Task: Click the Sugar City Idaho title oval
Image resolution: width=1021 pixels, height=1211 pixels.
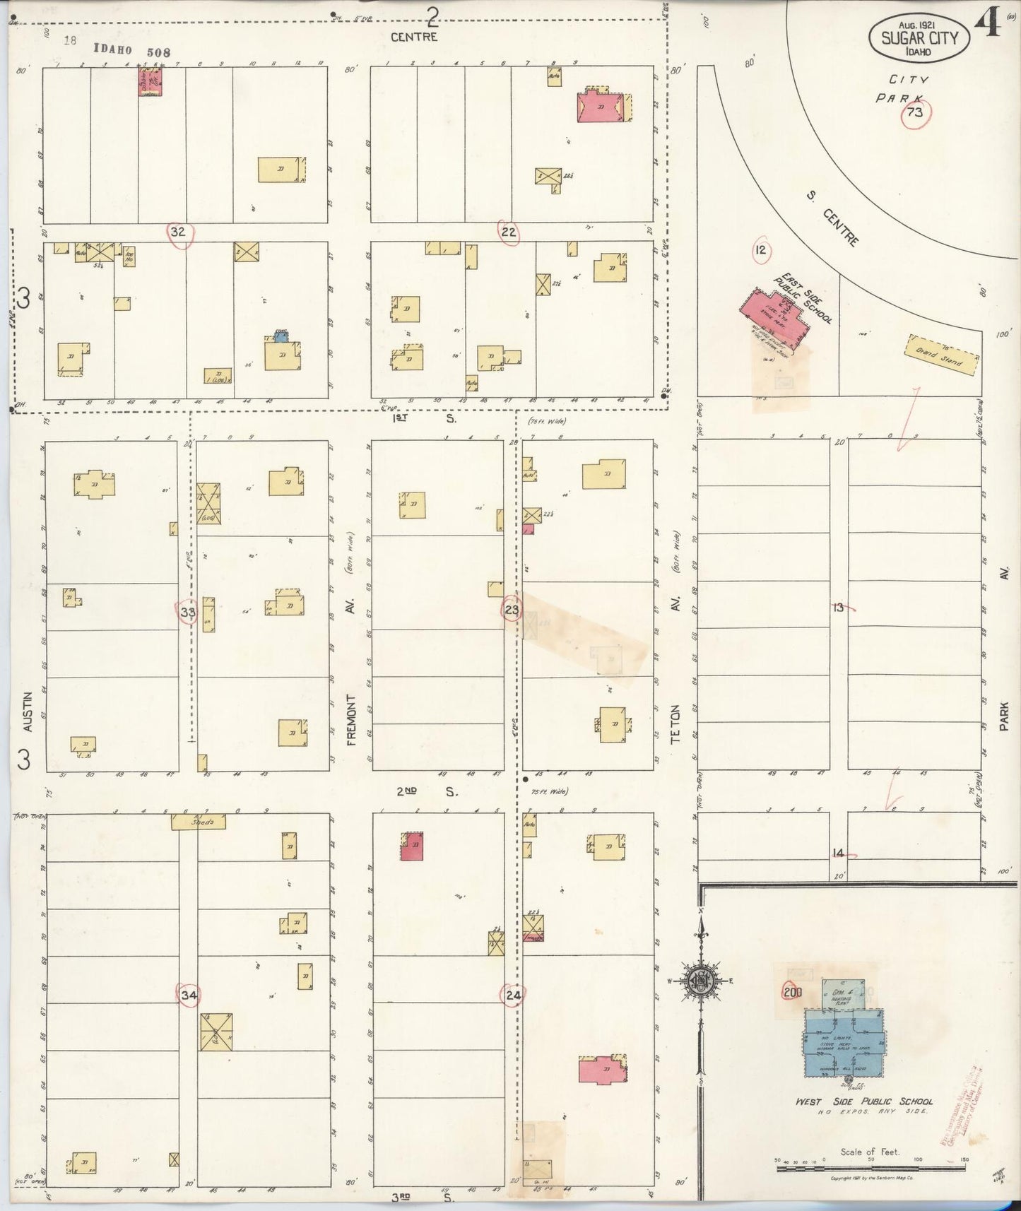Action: coord(919,38)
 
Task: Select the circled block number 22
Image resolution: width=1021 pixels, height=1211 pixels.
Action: coord(508,232)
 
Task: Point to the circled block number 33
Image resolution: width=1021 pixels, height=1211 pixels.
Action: coord(187,612)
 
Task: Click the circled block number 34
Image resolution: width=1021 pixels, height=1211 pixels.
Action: coord(189,995)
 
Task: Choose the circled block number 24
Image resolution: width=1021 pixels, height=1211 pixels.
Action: coord(513,996)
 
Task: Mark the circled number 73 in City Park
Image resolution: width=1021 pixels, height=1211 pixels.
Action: coord(915,113)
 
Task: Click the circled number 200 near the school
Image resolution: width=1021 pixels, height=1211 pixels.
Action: coord(793,991)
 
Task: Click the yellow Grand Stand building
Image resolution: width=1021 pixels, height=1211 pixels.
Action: coord(943,355)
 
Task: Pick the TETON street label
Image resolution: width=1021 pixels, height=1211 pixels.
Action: coord(675,724)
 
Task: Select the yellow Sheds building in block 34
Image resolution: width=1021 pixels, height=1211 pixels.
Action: coord(199,822)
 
